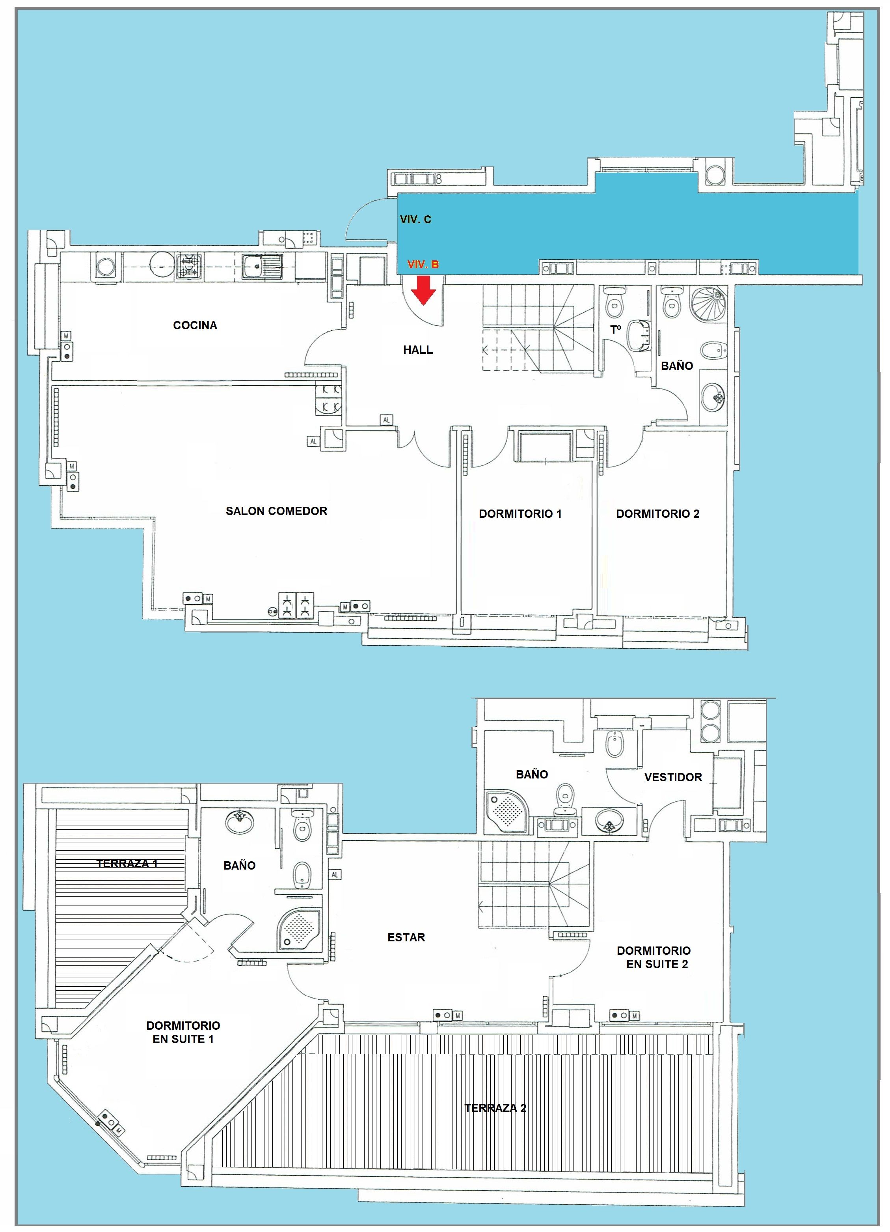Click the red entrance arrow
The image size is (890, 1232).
(x=423, y=289)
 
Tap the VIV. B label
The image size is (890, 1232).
(x=423, y=265)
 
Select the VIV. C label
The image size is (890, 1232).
(x=415, y=219)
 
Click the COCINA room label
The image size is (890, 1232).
(x=195, y=325)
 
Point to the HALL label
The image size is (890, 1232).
(x=417, y=350)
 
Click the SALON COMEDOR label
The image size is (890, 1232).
(x=276, y=511)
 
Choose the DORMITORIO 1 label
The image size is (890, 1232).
(x=519, y=514)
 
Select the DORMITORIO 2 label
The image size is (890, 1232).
(x=657, y=514)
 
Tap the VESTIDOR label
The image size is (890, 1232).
(x=673, y=777)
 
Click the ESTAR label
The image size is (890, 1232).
(x=406, y=937)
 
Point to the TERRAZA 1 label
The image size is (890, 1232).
(x=127, y=863)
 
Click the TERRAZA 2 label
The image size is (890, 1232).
(x=495, y=1108)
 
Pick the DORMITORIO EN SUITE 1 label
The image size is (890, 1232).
(x=183, y=1032)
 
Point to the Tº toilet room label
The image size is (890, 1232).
(x=615, y=329)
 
